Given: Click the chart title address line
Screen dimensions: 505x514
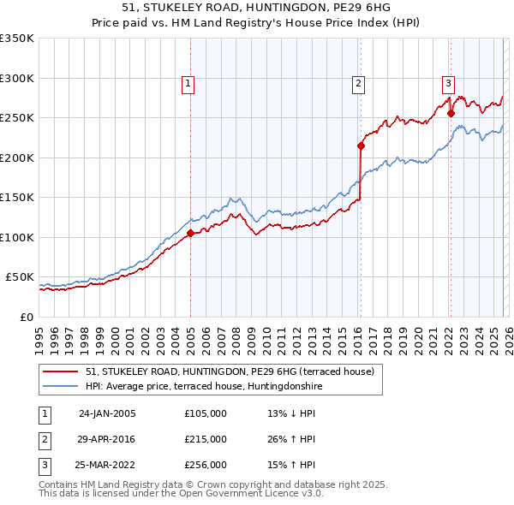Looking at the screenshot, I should [257, 8].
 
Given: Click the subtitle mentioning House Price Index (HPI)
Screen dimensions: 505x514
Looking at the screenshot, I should [257, 22].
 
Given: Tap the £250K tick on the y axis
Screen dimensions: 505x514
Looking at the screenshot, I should [17, 118].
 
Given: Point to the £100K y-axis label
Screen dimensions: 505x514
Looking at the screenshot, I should [17, 237].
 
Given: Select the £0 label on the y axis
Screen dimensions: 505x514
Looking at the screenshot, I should [27, 317].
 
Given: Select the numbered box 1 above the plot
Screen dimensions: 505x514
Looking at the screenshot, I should [188, 83].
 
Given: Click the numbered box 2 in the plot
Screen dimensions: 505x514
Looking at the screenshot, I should [357, 83].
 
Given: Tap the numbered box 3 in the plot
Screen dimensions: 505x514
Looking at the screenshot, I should [447, 83].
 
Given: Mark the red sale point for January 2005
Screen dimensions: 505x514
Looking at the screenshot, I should [190, 233].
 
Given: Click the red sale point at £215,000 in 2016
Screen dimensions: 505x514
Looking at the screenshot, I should [361, 146].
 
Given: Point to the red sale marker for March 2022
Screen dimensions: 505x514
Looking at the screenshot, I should [451, 113].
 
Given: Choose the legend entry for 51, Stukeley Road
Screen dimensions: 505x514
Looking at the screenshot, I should [230, 372].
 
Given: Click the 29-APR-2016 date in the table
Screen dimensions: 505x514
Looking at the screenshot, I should [107, 439].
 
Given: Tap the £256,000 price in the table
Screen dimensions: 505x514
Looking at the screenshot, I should [206, 466].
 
